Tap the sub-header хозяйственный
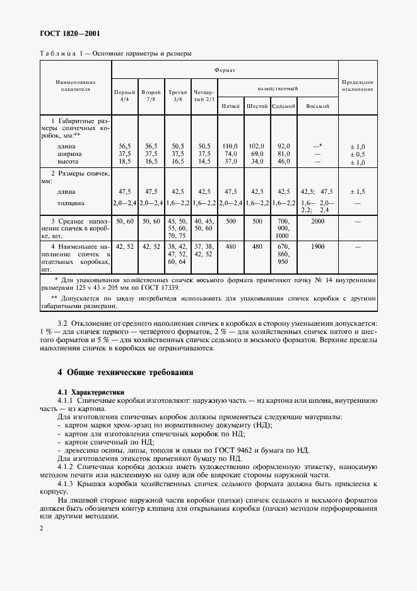coord(278,89)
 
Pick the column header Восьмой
coord(317,106)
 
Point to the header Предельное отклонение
coord(358,85)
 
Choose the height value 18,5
coord(124,161)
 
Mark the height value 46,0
coord(283,161)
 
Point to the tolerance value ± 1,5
coord(358,191)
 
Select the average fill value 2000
coord(317,222)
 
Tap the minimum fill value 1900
coord(317,248)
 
